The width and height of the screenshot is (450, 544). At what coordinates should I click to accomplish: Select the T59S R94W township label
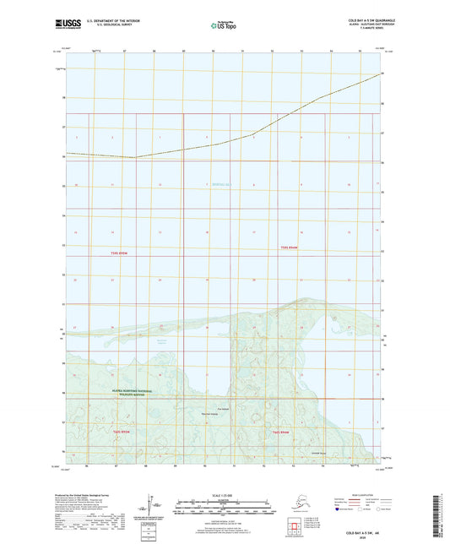pos(290,248)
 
